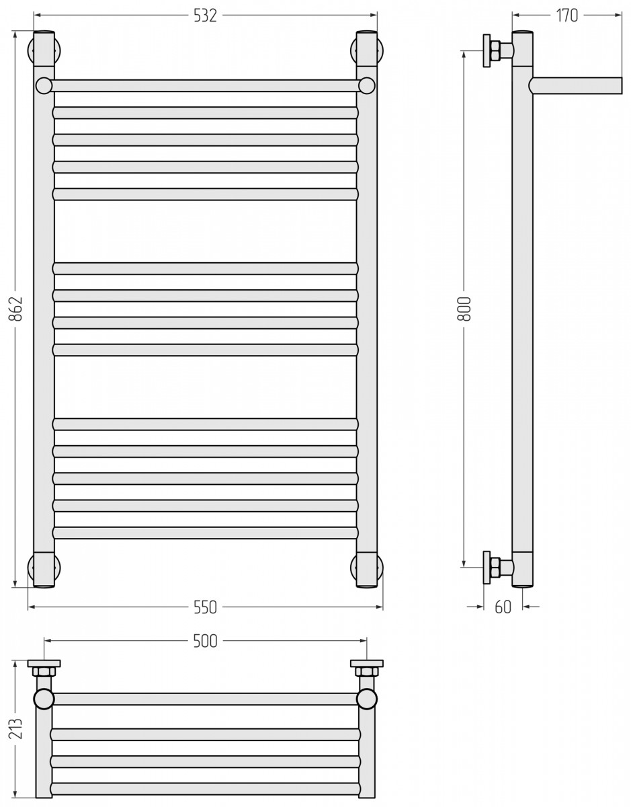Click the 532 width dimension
[x=205, y=16]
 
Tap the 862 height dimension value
[x=15, y=308]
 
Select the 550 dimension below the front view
[x=205, y=607]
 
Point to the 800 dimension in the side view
[x=464, y=308]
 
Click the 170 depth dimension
[x=566, y=15]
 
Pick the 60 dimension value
[x=503, y=607]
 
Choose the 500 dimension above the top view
[x=205, y=641]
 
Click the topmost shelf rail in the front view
[x=205, y=86]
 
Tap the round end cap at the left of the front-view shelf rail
[x=44, y=86]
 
